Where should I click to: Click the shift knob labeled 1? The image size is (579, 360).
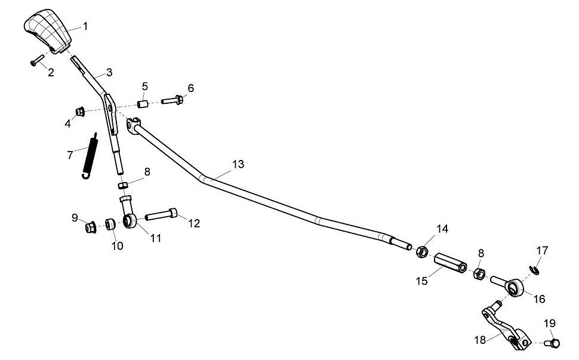pyautogui.click(x=48, y=31)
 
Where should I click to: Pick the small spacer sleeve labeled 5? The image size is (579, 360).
pyautogui.click(x=144, y=104)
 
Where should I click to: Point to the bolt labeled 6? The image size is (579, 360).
pyautogui.click(x=173, y=100)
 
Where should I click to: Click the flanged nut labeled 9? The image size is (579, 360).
pyautogui.click(x=91, y=227)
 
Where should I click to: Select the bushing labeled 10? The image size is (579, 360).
pyautogui.click(x=110, y=225)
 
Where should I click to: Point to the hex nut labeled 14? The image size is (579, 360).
pyautogui.click(x=421, y=253)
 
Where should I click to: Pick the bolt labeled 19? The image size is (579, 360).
pyautogui.click(x=553, y=343)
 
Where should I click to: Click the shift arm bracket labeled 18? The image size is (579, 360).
pyautogui.click(x=504, y=328)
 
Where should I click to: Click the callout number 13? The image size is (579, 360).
pyautogui.click(x=238, y=164)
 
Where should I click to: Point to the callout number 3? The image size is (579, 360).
pyautogui.click(x=109, y=73)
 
